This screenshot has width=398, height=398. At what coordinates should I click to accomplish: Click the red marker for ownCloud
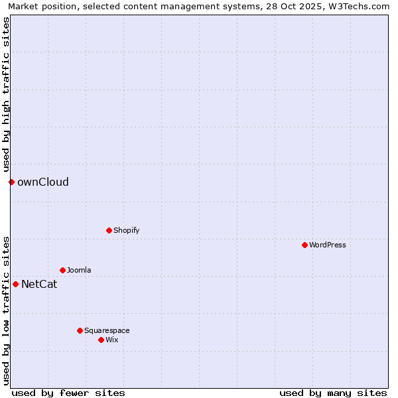[11, 182]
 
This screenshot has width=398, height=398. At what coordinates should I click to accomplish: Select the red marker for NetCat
[15, 284]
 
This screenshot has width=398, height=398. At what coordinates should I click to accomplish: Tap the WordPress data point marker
[304, 245]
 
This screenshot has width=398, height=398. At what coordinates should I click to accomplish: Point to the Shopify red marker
[109, 230]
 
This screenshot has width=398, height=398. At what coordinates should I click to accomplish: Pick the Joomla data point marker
[62, 270]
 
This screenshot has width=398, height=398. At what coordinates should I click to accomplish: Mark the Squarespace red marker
[80, 330]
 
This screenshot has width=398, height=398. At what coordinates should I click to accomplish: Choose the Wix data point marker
[101, 340]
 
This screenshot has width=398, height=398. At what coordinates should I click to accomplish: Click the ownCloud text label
[43, 182]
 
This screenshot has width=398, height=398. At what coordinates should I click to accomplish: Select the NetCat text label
[39, 285]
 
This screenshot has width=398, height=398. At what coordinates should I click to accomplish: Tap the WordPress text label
[328, 245]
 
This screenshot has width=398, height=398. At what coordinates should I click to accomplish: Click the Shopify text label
[126, 230]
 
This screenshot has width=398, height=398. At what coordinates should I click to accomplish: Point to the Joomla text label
[79, 270]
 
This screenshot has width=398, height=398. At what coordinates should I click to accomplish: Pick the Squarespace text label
[107, 330]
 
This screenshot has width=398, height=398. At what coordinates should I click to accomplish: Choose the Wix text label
[112, 340]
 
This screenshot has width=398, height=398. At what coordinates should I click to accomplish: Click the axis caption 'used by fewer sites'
[68, 393]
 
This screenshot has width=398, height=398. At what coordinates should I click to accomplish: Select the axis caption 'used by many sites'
[333, 393]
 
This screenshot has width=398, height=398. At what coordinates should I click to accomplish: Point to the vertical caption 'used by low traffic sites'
[6, 310]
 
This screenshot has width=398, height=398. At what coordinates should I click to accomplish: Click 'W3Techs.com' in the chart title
[362, 6]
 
